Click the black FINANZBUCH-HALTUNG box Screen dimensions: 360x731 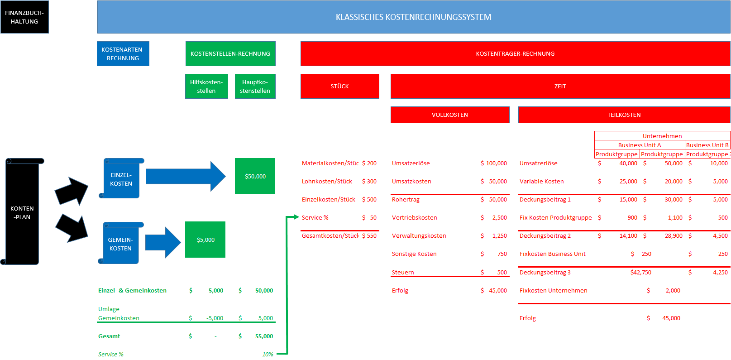24,17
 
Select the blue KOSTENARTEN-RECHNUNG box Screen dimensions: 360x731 123,54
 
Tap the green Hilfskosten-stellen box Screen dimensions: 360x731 206,86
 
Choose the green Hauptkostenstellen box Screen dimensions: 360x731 255,86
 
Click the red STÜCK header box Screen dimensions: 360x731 339,86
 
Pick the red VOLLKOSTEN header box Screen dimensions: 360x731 449,115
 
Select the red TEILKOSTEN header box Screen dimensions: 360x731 624,115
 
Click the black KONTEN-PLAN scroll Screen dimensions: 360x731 22,212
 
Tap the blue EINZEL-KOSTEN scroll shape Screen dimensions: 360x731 121,179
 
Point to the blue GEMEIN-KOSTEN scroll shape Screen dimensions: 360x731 120,244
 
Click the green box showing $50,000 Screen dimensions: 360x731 255,176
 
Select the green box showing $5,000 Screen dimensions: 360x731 205,240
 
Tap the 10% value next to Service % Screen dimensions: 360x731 268,354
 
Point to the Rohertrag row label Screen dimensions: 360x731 406,199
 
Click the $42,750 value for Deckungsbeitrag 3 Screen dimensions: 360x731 640,272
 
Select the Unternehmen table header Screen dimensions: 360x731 662,136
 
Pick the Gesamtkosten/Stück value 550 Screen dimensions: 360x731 372,235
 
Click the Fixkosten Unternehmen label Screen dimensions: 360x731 553,290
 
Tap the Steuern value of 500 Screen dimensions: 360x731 502,272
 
